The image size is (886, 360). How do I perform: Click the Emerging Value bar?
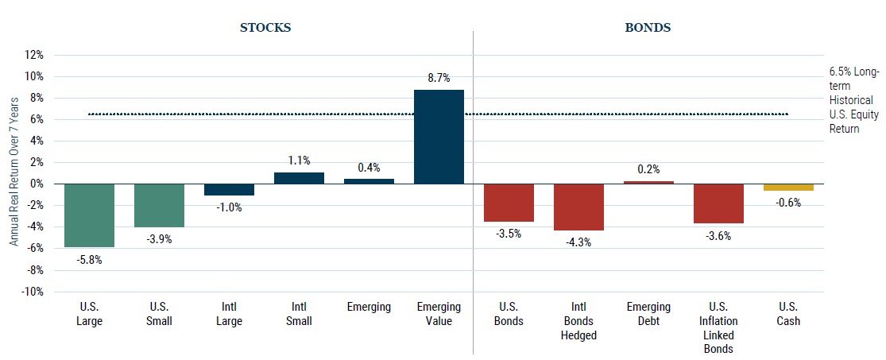point(439,137)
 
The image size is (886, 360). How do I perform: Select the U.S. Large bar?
point(89,215)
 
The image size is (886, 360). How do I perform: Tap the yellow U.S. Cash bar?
point(788,188)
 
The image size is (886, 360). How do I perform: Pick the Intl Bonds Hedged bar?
point(578,207)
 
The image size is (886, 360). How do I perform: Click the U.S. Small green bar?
point(159,205)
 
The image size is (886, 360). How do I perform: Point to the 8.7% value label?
point(439,78)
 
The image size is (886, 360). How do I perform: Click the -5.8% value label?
point(89,260)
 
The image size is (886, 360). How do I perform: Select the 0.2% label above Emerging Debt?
point(648,169)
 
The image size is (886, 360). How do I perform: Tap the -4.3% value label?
point(578,243)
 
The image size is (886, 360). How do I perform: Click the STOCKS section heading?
point(265,27)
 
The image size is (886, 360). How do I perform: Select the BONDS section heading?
point(648,27)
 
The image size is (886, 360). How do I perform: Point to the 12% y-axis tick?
point(34,55)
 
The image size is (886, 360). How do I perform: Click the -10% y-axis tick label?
point(33,292)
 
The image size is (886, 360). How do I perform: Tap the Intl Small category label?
point(299,315)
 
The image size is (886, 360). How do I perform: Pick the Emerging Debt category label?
point(648,315)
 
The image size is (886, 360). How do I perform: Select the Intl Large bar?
point(229,189)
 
